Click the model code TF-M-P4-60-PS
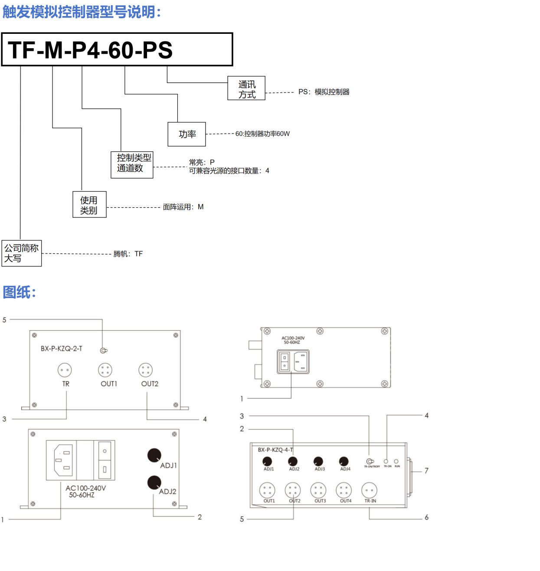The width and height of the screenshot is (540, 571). click(90, 50)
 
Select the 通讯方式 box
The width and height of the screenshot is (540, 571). click(246, 89)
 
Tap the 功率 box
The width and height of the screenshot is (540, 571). click(187, 135)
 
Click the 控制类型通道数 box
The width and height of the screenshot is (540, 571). click(132, 164)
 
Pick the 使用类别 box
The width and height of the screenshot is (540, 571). click(89, 205)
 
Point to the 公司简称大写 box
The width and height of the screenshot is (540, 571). click(22, 253)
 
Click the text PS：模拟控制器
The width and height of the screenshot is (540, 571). click(324, 92)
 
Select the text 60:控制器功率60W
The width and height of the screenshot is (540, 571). click(262, 134)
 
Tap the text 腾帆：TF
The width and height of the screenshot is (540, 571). click(128, 254)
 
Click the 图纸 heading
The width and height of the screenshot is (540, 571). click(19, 292)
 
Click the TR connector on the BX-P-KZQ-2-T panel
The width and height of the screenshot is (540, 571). click(65, 370)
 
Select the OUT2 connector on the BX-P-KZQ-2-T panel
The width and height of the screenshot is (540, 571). click(146, 370)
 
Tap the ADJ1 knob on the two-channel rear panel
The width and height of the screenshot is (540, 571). click(154, 455)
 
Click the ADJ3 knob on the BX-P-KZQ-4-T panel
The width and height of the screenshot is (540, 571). click(318, 461)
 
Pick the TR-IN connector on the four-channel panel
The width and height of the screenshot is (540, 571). click(369, 490)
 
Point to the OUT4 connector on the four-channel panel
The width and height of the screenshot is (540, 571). click(344, 490)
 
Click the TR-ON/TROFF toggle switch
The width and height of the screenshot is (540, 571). click(370, 461)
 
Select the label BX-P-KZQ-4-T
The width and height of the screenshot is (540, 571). click(275, 450)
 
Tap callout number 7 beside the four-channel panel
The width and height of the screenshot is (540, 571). click(426, 471)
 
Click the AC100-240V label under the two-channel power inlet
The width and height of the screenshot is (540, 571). click(86, 488)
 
